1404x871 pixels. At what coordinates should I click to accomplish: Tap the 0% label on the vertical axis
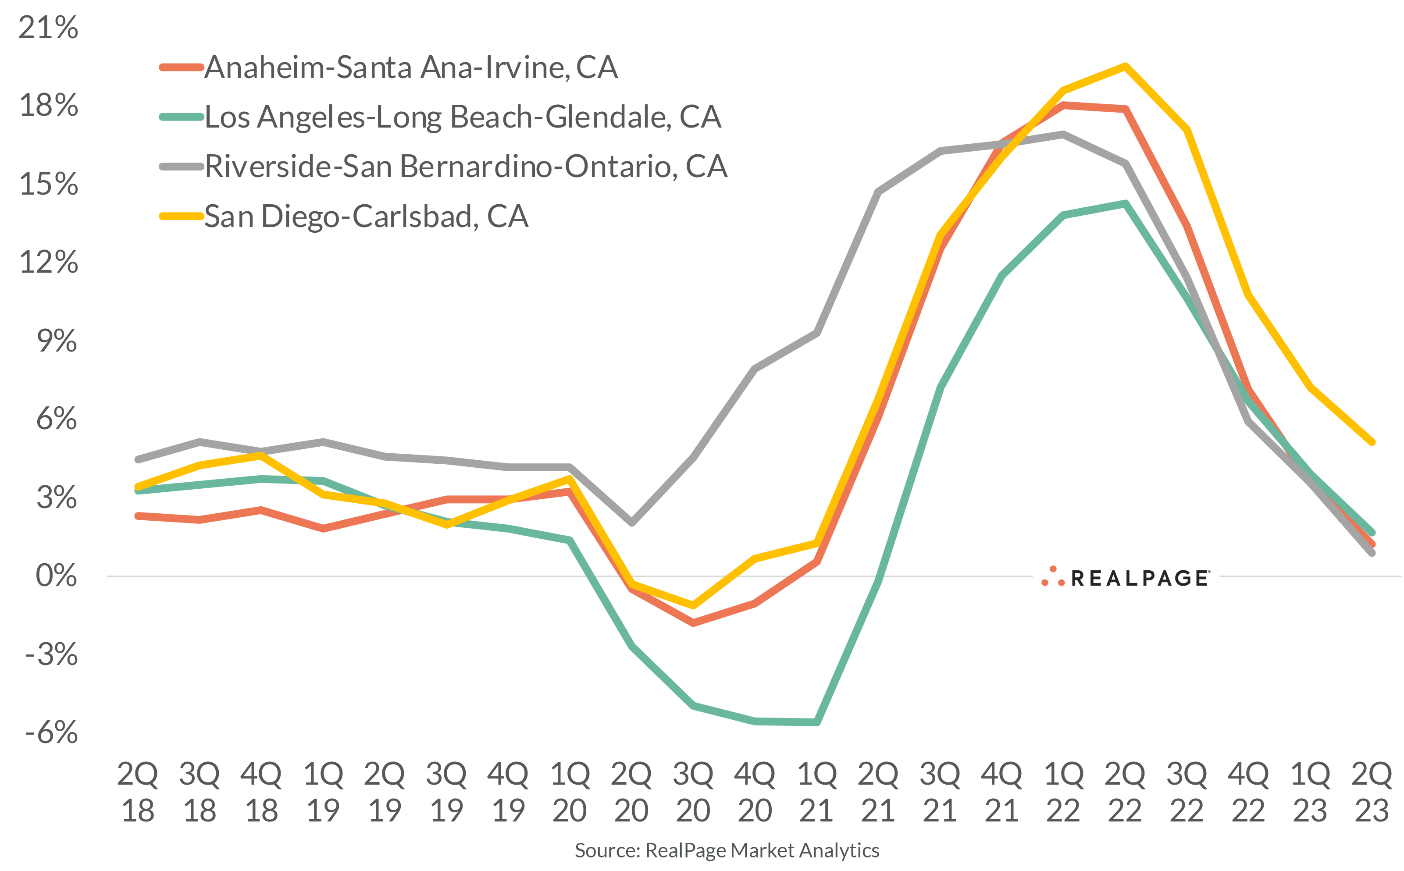[x=56, y=576]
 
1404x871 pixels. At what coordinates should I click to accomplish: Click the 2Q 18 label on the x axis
[x=137, y=792]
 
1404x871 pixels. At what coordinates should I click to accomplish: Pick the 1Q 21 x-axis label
[x=816, y=792]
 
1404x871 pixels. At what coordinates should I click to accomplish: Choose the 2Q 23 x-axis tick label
[x=1371, y=792]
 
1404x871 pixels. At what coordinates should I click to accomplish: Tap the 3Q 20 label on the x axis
[x=693, y=792]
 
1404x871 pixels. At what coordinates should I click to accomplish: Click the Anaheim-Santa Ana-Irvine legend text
[x=411, y=68]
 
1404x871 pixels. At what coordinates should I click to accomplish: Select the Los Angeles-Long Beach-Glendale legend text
[x=463, y=117]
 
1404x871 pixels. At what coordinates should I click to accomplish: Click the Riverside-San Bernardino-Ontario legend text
[x=466, y=167]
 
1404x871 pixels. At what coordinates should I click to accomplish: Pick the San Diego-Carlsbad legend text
[x=367, y=217]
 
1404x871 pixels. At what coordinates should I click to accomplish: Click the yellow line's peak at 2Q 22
[x=1125, y=66]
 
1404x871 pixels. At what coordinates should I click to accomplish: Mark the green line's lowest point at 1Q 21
[x=816, y=722]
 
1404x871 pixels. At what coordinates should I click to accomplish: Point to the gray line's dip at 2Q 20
[x=631, y=523]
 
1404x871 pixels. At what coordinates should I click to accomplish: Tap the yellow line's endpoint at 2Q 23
[x=1372, y=442]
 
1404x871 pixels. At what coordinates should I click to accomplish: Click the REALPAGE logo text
[x=1140, y=578]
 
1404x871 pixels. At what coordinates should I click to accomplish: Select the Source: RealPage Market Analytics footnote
[x=727, y=850]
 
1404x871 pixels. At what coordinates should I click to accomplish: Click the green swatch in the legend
[x=182, y=117]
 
